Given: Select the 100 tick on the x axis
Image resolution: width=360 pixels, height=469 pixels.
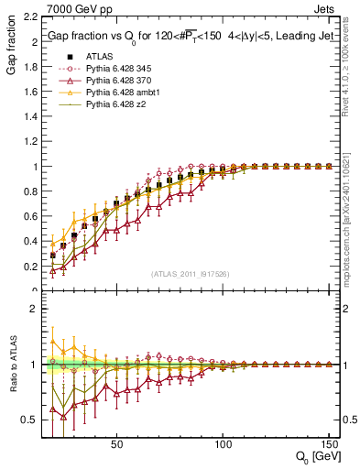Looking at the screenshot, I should [223, 444].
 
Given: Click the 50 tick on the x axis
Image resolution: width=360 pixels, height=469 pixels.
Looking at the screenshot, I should [116, 444].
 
